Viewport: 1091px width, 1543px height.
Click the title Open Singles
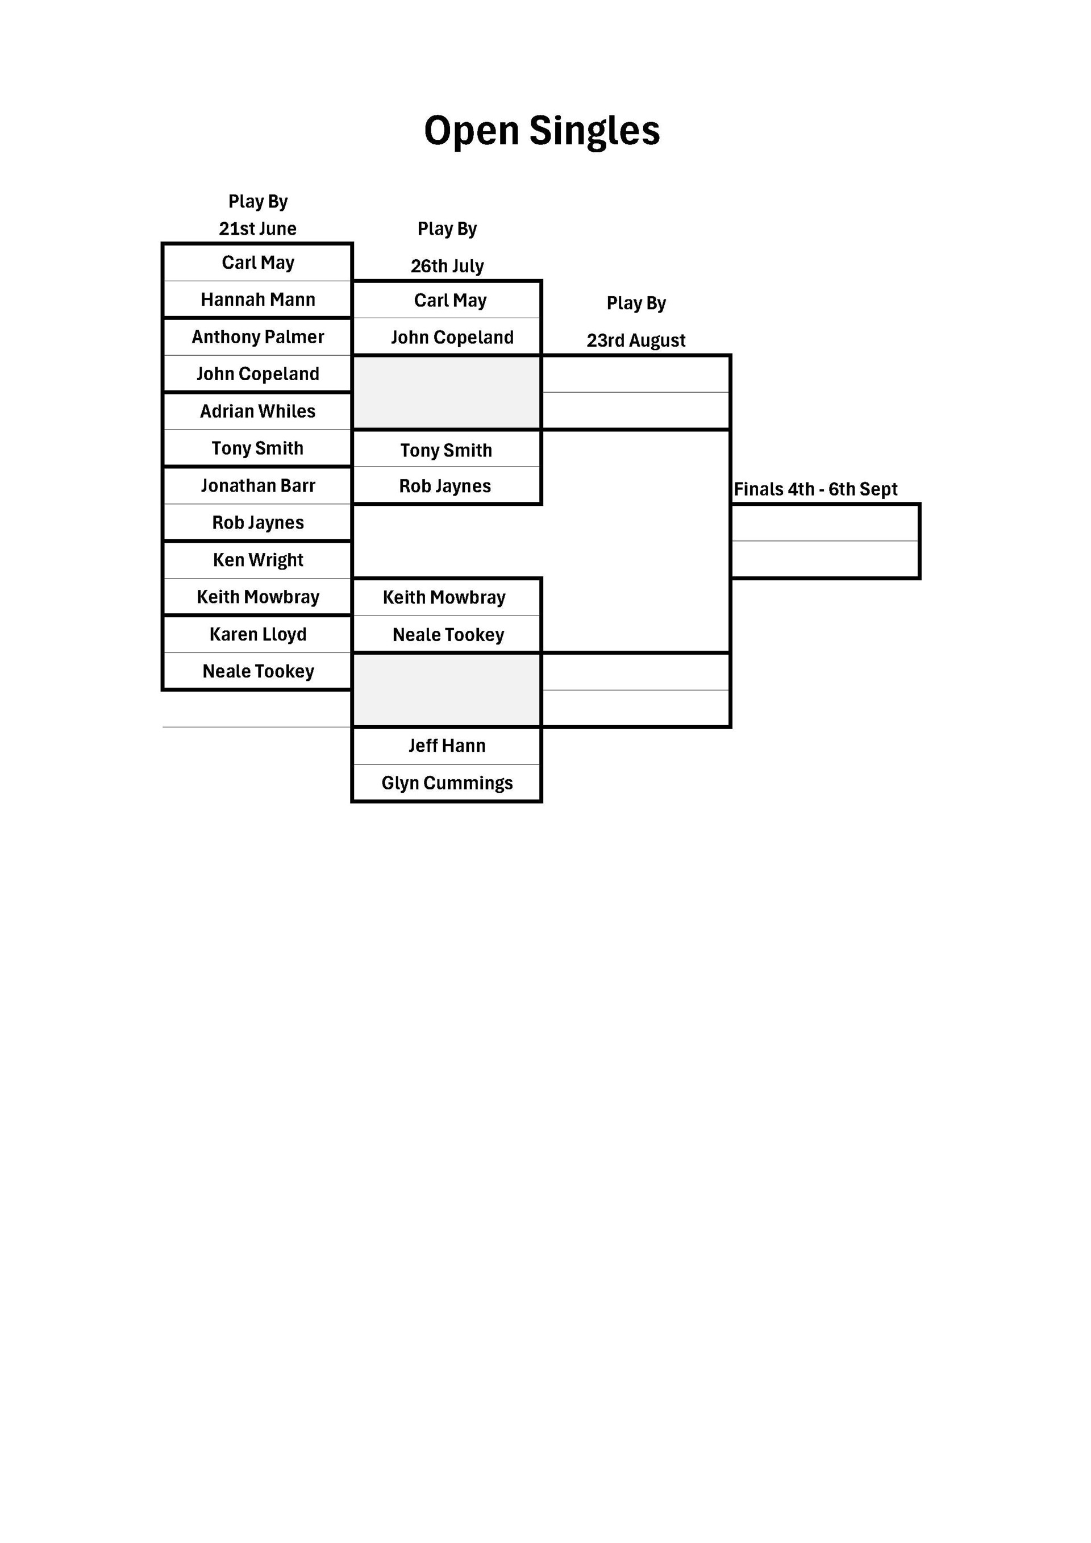click(542, 130)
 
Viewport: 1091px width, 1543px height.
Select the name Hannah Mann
click(258, 300)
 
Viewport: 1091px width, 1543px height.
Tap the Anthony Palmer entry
click(258, 336)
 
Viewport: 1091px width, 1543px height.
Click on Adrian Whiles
click(258, 411)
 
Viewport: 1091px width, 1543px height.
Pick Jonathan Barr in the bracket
click(258, 485)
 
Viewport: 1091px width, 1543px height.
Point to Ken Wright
click(258, 560)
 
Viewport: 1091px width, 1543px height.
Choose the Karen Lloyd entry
click(258, 634)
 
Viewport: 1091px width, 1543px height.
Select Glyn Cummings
click(447, 783)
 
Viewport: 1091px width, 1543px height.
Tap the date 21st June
click(258, 228)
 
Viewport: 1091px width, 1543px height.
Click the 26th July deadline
click(447, 266)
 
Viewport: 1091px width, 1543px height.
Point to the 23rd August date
click(636, 341)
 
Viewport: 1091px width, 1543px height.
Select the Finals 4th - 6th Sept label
click(815, 489)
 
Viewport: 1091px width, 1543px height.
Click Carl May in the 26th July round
click(450, 301)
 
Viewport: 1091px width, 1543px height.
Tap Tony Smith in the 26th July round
click(446, 450)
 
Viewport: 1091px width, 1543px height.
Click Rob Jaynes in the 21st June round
click(258, 523)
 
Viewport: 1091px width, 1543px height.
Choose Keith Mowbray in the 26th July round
click(444, 597)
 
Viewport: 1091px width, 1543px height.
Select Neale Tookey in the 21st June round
click(258, 671)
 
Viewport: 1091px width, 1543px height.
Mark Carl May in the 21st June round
click(258, 263)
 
